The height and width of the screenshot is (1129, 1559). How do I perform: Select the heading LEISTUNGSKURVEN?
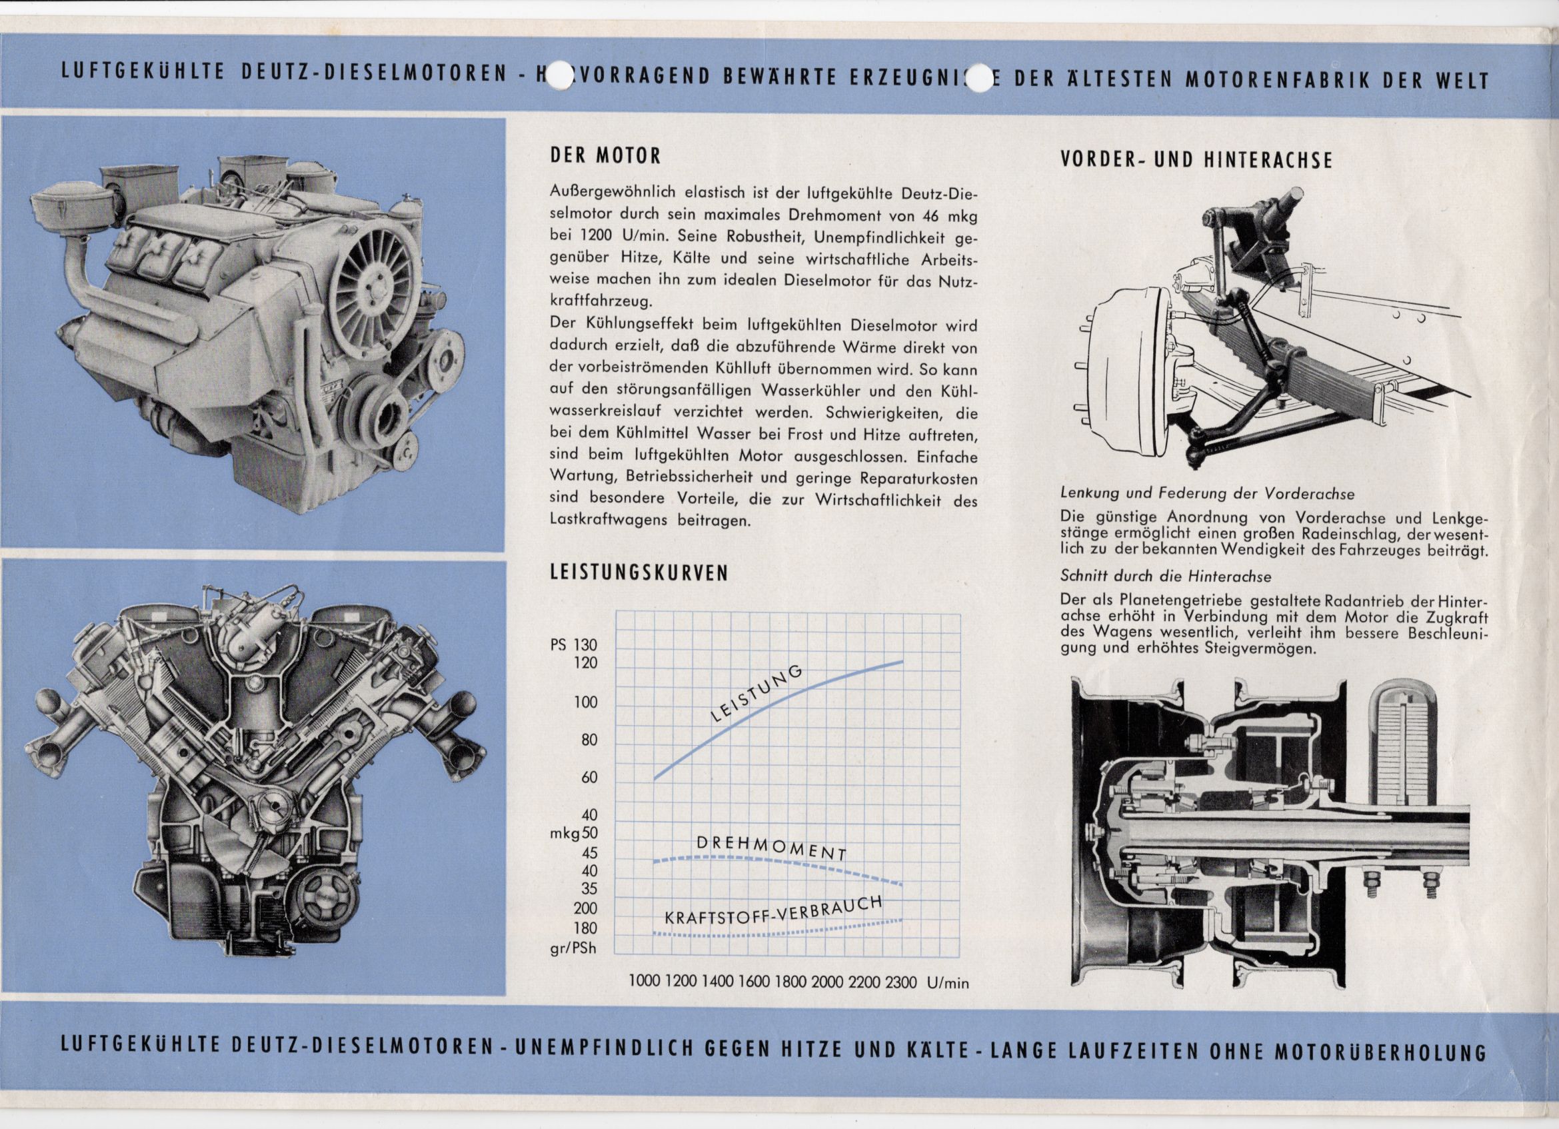click(x=639, y=572)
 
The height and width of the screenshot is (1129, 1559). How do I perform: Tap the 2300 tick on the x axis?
click(x=900, y=982)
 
